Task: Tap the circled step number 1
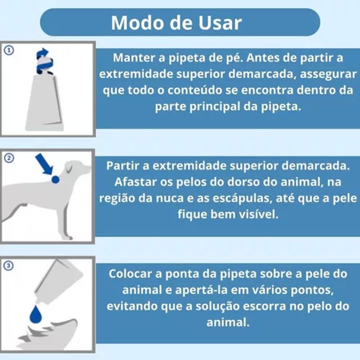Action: pos(9,50)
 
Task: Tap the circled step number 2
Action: pos(9,158)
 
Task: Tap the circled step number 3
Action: pos(9,265)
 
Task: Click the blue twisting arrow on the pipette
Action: pos(44,61)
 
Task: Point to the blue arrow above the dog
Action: pos(44,164)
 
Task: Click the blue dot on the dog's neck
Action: pos(55,180)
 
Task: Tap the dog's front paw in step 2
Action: pos(68,237)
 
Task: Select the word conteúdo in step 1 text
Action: pos(194,90)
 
